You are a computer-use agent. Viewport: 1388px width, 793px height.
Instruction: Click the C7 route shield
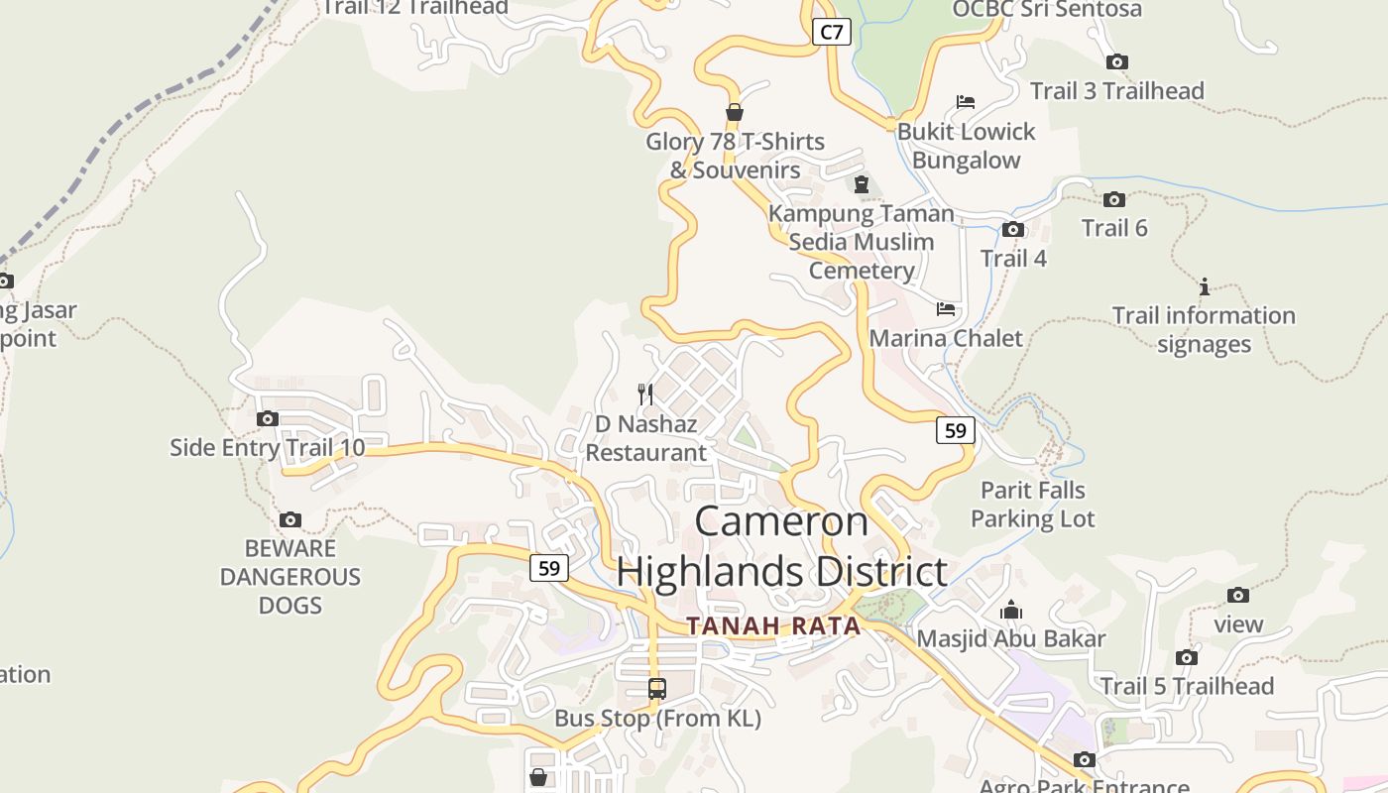(832, 32)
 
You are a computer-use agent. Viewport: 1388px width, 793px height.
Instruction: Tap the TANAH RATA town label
(773, 625)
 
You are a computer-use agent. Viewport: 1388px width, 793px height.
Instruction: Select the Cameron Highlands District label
(781, 546)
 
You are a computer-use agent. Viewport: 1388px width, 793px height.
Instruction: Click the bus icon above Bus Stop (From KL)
(656, 688)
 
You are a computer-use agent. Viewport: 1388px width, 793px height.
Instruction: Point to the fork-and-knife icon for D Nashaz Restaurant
(645, 394)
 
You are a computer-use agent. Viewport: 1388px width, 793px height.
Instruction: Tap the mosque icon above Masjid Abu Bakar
(1011, 609)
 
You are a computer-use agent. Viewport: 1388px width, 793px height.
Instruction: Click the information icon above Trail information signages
(1205, 286)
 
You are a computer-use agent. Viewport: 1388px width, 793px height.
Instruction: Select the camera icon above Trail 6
(1114, 199)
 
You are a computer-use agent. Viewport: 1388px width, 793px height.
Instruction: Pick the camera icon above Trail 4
(1013, 230)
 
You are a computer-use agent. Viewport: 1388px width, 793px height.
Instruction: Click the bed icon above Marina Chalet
(946, 309)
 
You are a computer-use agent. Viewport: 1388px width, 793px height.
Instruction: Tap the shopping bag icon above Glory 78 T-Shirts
(735, 112)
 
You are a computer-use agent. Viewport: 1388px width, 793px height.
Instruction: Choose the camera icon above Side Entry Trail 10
(268, 418)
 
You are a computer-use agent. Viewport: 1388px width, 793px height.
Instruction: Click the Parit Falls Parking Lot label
(1032, 504)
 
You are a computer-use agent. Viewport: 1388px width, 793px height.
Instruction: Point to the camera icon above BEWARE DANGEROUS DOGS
(290, 519)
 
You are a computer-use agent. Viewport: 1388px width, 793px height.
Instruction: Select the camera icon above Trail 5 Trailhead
(1187, 657)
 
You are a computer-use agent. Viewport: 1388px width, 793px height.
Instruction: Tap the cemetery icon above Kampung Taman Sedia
(861, 184)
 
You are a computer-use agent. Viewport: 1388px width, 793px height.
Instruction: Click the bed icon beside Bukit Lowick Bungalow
(966, 102)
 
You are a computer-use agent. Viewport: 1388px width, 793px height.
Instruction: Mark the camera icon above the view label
(1238, 595)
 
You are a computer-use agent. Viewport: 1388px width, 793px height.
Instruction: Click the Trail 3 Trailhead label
(1116, 91)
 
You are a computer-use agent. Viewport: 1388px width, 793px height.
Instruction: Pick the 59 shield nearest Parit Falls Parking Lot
(955, 430)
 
